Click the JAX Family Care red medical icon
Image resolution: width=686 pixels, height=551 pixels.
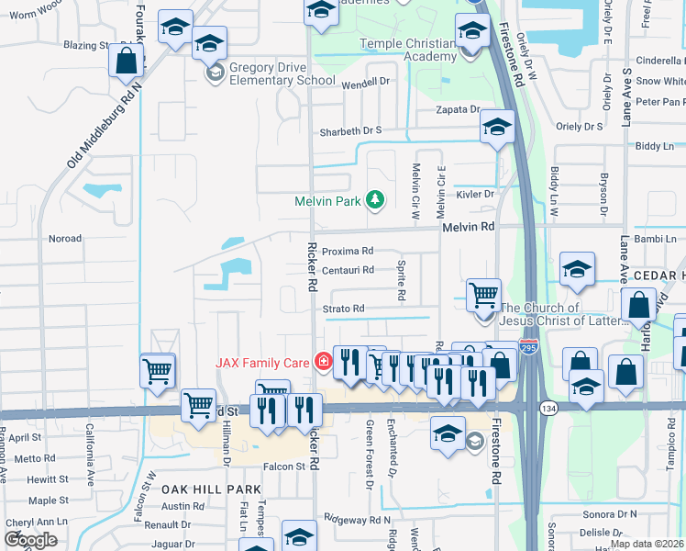[321, 362]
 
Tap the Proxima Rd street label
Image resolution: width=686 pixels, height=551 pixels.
[348, 251]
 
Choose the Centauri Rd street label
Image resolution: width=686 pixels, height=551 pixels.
[348, 270]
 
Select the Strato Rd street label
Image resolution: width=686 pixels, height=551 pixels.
[344, 309]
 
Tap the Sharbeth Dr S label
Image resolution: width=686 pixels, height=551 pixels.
[349, 131]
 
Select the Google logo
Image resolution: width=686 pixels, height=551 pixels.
[30, 540]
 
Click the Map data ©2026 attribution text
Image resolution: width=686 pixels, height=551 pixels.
[646, 544]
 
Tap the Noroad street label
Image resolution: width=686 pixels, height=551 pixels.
[65, 238]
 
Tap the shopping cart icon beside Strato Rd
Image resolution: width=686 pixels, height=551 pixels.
[483, 296]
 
